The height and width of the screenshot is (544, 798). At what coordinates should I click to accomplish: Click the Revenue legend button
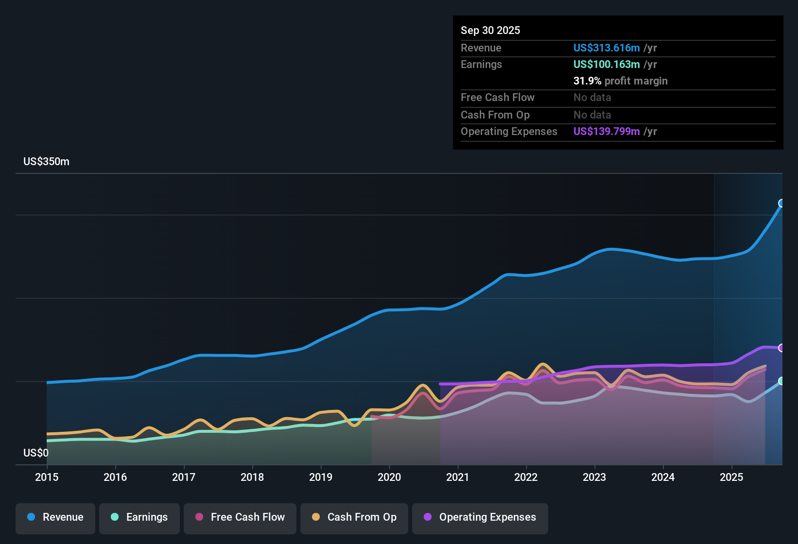click(x=55, y=517)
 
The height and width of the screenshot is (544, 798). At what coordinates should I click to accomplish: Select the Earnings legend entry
click(x=139, y=517)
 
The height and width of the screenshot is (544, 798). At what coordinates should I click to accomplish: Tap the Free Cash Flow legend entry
click(x=240, y=517)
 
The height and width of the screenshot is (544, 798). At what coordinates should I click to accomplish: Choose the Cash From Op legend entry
click(x=354, y=517)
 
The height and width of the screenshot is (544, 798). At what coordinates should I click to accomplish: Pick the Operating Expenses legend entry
click(x=480, y=517)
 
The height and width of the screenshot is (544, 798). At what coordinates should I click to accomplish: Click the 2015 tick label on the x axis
click(x=47, y=477)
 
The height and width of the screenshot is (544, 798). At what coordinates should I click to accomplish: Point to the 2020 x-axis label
click(x=389, y=477)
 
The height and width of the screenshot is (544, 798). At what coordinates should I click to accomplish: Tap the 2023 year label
click(x=594, y=477)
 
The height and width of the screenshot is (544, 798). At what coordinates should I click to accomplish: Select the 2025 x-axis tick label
click(x=731, y=477)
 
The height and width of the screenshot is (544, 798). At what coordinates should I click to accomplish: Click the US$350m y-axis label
click(x=46, y=161)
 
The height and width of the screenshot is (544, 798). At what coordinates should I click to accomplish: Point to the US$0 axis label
click(x=36, y=453)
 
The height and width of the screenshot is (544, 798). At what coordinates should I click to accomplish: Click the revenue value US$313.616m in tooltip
click(x=606, y=48)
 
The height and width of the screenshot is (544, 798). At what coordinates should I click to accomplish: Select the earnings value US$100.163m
click(x=606, y=64)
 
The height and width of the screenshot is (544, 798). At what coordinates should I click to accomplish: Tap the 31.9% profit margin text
click(x=620, y=81)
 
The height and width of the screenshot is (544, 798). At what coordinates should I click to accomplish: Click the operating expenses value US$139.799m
click(x=606, y=131)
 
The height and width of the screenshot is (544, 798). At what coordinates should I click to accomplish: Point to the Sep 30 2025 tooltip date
click(x=490, y=30)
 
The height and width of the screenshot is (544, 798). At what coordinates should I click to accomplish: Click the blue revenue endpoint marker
click(x=781, y=203)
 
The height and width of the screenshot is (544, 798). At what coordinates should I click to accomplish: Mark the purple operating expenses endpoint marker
click(x=781, y=348)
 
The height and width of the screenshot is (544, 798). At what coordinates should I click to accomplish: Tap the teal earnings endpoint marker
click(x=781, y=381)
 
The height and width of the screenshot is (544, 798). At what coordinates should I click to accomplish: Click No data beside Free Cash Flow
click(x=592, y=97)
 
